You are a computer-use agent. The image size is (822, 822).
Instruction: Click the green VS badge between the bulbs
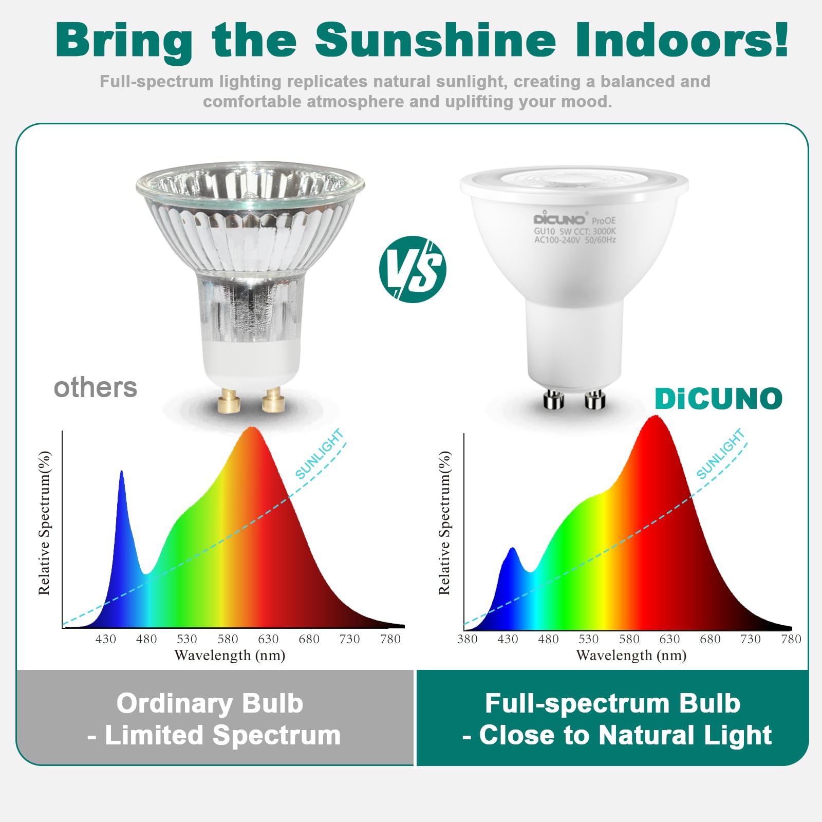pyautogui.click(x=413, y=269)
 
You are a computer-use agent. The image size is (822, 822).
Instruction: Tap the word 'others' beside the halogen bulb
pyautogui.click(x=96, y=387)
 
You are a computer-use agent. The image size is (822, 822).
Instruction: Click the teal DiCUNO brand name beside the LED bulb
pyautogui.click(x=718, y=399)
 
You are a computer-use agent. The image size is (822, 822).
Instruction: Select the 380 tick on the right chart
pyautogui.click(x=467, y=639)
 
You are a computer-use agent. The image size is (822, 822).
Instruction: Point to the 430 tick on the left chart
pyautogui.click(x=105, y=639)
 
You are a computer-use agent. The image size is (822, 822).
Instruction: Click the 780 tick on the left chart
pyautogui.click(x=390, y=639)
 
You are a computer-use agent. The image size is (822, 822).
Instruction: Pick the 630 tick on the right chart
pyautogui.click(x=669, y=639)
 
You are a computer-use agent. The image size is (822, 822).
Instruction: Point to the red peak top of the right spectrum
pyautogui.click(x=654, y=418)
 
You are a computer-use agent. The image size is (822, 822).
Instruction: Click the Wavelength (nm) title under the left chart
pyautogui.click(x=230, y=656)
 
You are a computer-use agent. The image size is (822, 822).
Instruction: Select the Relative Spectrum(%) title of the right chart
pyautogui.click(x=444, y=523)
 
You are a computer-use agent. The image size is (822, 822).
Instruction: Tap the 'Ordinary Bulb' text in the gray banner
pyautogui.click(x=210, y=703)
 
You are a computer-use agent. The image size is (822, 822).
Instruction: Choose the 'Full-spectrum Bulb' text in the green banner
pyautogui.click(x=612, y=703)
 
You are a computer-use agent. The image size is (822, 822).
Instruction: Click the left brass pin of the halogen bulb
pyautogui.click(x=229, y=401)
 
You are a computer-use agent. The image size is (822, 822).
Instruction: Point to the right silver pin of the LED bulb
pyautogui.click(x=595, y=399)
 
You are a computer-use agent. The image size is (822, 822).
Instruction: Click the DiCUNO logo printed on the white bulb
pyautogui.click(x=559, y=219)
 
